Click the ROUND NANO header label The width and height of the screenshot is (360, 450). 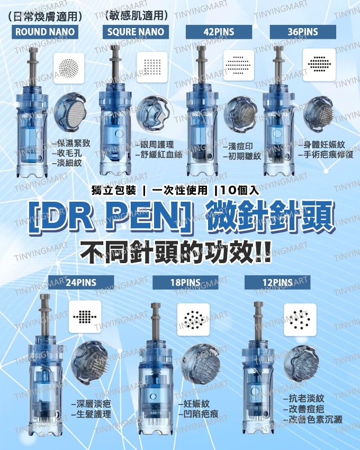tap(45, 32)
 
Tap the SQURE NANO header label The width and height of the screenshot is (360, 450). tap(136, 32)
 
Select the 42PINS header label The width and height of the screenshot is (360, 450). tap(219, 32)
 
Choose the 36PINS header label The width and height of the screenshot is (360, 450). tap(303, 32)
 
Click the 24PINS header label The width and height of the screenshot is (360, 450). tap(81, 283)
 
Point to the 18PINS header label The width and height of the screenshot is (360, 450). tap(185, 283)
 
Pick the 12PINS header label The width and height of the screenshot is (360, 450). tap(277, 283)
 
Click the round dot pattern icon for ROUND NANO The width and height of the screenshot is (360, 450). tap(69, 68)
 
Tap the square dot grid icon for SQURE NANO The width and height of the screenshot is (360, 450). tap(152, 67)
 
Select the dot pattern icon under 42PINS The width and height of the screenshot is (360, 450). tap(239, 65)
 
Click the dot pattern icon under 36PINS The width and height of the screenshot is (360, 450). tap(319, 65)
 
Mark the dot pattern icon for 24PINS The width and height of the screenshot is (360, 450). tap(85, 317)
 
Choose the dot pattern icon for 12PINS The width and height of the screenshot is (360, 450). tap(300, 320)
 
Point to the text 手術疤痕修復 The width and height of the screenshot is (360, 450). tap(327, 155)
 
